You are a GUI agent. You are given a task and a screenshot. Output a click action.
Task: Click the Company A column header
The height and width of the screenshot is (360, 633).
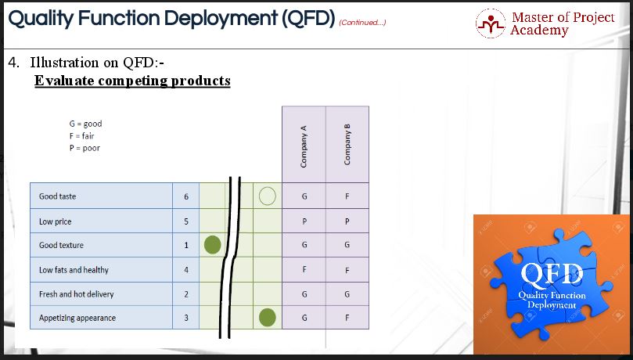point(304,146)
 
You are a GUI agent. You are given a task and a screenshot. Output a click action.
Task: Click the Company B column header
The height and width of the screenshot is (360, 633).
point(347,145)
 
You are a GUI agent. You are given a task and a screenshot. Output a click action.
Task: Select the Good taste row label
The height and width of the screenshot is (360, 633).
point(57,196)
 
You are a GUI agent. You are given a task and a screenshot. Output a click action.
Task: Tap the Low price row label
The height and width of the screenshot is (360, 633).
point(55,221)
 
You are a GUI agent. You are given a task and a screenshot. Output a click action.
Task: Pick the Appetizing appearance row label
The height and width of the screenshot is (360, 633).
point(77,318)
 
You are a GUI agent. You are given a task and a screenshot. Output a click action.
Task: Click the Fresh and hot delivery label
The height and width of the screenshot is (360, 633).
point(77,294)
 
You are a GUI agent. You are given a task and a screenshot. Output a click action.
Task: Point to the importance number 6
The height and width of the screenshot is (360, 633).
point(186,196)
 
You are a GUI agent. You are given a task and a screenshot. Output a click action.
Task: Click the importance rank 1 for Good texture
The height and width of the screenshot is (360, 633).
point(186,245)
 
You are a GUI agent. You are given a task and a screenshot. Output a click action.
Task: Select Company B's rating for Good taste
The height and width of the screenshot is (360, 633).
point(347,196)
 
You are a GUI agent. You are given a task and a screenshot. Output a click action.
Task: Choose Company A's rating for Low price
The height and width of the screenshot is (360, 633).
point(304,221)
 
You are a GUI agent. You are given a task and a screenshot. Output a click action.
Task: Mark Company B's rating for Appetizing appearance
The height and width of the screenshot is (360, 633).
point(347,318)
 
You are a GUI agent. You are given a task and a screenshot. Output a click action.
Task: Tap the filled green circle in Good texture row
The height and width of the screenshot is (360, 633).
point(212,245)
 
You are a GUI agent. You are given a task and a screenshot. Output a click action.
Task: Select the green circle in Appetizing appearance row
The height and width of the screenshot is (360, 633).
point(268,317)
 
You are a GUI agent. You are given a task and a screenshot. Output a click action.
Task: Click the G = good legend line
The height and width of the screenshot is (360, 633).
point(85,124)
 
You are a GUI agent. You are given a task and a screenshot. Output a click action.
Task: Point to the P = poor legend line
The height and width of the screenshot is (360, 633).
point(85,148)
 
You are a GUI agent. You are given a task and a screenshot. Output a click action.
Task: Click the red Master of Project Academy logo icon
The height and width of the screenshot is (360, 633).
point(490,23)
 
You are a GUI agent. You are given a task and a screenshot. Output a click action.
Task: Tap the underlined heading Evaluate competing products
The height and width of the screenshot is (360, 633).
point(132,81)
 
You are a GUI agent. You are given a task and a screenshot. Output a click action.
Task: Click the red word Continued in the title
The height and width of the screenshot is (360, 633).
point(362,22)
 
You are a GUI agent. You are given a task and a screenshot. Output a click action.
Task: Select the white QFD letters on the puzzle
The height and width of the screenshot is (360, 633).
point(552,275)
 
